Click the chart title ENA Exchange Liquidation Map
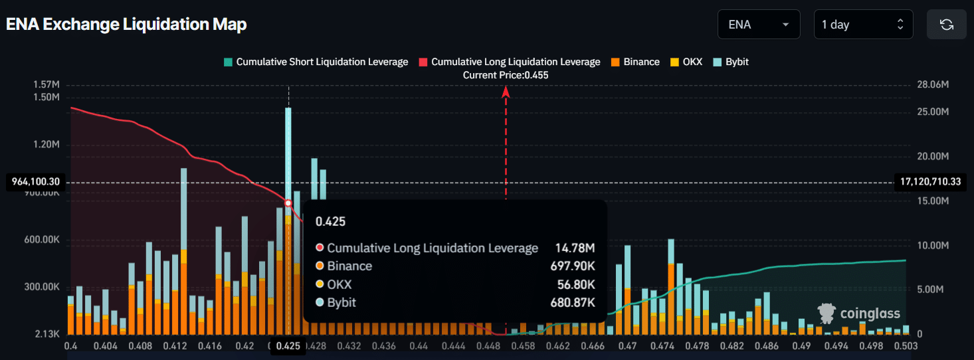(126, 25)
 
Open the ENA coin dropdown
(759, 25)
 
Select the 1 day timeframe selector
(862, 25)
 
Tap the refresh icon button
(946, 25)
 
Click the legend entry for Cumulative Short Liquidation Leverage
(316, 62)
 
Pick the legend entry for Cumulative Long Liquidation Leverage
(510, 62)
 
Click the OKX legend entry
(686, 62)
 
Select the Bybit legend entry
(731, 62)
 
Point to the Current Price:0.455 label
(506, 75)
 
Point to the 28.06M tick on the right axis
(932, 85)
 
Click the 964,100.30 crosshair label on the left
(36, 182)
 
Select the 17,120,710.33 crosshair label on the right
(930, 182)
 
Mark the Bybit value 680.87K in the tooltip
(575, 302)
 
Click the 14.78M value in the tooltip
(575, 248)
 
